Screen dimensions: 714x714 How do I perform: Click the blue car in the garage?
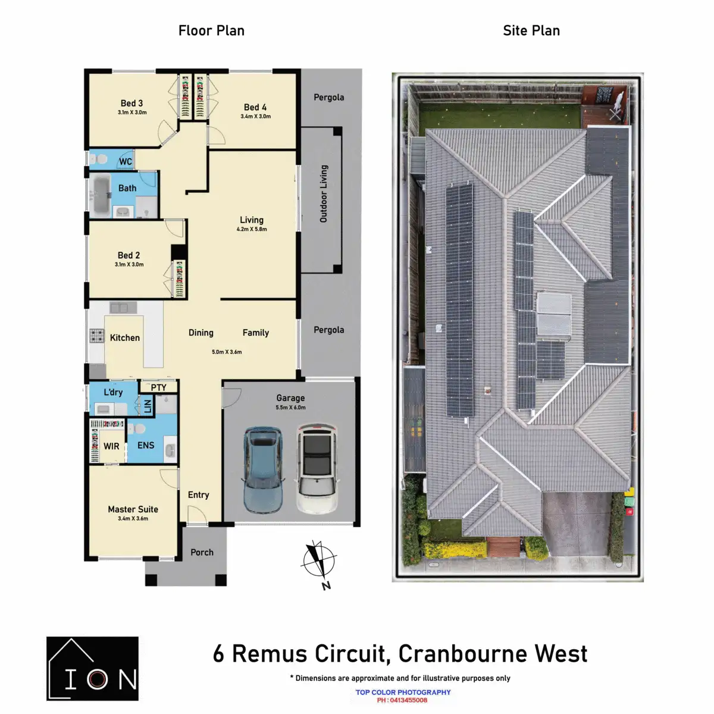coord(262,469)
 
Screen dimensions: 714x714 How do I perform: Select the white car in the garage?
coord(317,468)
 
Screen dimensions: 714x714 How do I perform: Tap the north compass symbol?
coord(320,562)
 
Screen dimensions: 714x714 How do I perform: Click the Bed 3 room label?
coord(131,104)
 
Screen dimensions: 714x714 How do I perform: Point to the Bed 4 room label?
coord(255,108)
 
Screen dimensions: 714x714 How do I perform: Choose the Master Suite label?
coord(133,509)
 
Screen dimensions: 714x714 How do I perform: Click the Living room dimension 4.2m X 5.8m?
coord(252,229)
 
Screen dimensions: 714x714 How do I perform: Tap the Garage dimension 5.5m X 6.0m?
coord(290,408)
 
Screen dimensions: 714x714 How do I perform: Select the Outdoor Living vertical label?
coord(324,194)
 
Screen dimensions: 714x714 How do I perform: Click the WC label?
coord(126,161)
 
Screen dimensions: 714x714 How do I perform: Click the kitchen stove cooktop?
coord(96,336)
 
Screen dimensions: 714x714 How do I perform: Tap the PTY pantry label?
coord(158,387)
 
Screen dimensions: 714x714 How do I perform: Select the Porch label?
coord(202,552)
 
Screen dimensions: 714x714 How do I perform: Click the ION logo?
coord(92,669)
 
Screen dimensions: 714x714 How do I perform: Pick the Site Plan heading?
coord(531,31)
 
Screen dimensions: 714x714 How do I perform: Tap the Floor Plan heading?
coord(211,31)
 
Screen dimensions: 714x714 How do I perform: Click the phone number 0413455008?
coord(409,700)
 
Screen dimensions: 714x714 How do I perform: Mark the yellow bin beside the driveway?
coord(630,492)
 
